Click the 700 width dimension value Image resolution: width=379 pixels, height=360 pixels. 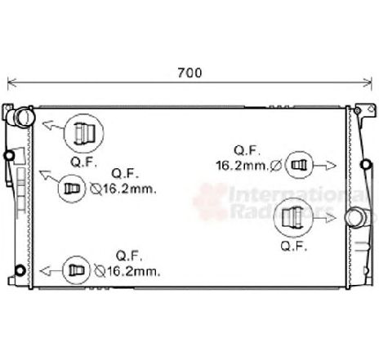tap(189, 73)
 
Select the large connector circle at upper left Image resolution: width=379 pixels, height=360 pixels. tap(83, 133)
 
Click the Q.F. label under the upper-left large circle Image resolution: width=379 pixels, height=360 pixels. tap(83, 162)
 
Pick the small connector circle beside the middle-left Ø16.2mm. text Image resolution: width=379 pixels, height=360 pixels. tap(72, 189)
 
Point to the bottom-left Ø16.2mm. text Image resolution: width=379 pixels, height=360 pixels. tap(127, 271)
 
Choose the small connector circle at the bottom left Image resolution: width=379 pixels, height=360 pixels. tap(76, 270)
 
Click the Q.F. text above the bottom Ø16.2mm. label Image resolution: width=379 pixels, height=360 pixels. tap(129, 256)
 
